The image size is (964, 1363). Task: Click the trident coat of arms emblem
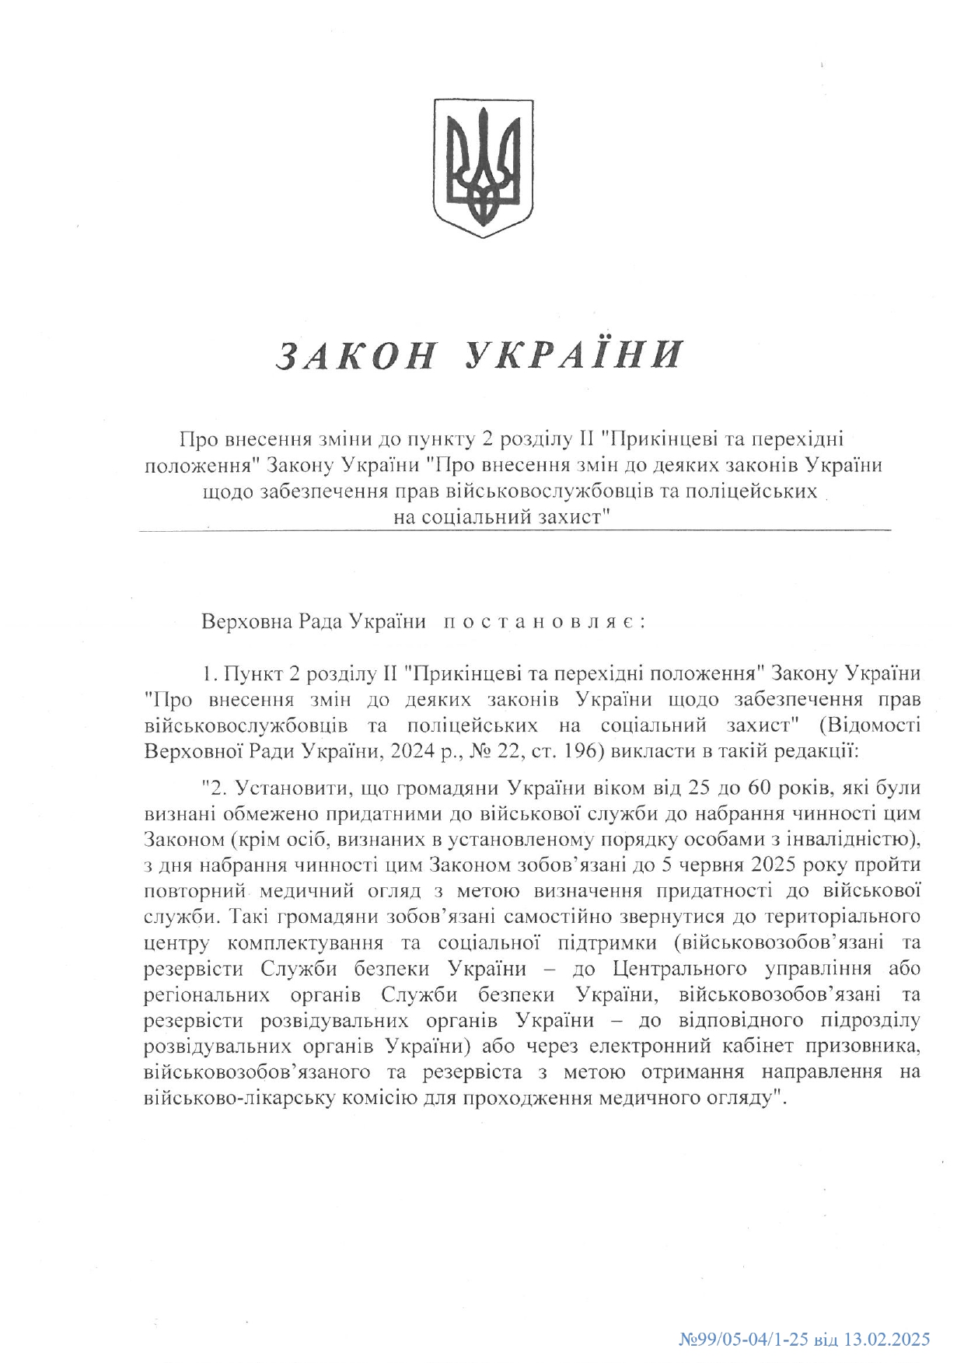coord(483,167)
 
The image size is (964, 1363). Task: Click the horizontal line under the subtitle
coord(514,531)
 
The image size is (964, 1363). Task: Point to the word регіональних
coord(207,994)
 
